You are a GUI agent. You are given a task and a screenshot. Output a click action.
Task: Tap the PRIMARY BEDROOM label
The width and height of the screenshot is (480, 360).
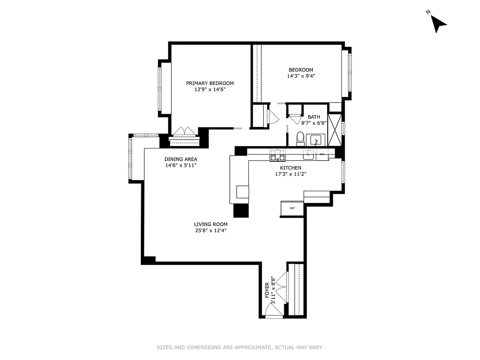point(210,83)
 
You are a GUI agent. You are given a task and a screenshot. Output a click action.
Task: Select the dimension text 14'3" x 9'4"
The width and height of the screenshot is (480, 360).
point(301,76)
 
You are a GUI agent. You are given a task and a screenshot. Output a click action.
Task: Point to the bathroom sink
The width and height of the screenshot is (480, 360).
point(316,140)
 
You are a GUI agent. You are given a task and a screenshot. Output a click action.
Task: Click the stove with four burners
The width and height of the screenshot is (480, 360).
point(278,155)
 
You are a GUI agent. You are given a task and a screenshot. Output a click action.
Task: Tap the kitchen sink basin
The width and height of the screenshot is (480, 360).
point(308,154)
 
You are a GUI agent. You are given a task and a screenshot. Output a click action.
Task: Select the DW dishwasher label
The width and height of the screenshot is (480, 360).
point(322,154)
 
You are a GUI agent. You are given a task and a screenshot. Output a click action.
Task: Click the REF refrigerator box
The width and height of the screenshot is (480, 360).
point(292,208)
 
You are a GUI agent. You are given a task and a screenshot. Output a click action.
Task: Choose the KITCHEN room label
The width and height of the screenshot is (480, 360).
point(291,168)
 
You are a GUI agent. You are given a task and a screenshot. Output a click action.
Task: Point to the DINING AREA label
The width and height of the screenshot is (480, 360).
point(181,159)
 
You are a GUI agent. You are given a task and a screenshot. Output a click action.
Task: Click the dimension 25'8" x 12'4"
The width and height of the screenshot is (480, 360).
point(211,231)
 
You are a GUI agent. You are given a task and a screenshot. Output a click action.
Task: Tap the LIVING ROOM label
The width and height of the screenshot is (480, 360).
point(211,224)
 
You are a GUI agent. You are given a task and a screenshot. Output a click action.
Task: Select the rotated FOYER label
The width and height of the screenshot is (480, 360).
point(267,290)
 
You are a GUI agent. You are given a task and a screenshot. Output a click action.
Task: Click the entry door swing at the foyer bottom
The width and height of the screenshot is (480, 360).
point(275,310)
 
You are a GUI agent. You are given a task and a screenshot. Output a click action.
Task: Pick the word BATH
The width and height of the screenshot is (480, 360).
point(314,117)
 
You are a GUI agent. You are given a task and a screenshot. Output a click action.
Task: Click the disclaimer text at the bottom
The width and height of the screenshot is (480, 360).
point(240,347)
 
